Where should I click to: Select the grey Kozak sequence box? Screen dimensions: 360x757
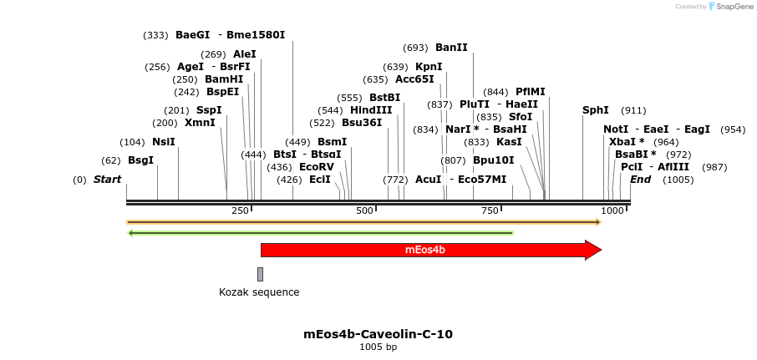coord(260,274)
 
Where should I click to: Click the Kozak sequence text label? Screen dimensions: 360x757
coord(259,292)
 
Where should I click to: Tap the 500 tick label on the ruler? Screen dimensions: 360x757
coord(364,211)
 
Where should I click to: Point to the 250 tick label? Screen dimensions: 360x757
coord(240,211)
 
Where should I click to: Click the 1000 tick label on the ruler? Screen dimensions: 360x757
coord(612,211)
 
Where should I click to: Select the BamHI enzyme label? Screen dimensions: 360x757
coord(224,79)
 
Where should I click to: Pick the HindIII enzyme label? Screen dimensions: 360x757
coord(371,110)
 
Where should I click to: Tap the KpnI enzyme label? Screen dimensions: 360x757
coord(429,67)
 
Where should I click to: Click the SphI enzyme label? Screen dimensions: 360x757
coord(596,110)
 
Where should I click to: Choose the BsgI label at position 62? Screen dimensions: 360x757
coord(140,160)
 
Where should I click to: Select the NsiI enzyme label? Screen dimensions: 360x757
coord(164,142)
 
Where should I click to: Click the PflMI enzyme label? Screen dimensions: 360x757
coord(531,92)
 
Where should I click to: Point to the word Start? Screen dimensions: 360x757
coord(107,180)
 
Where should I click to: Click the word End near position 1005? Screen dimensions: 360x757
coord(640,180)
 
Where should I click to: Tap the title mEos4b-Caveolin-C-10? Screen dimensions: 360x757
coord(378,334)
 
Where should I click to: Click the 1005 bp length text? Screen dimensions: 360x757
coord(378,347)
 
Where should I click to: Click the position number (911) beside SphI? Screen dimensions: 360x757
coord(633,110)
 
